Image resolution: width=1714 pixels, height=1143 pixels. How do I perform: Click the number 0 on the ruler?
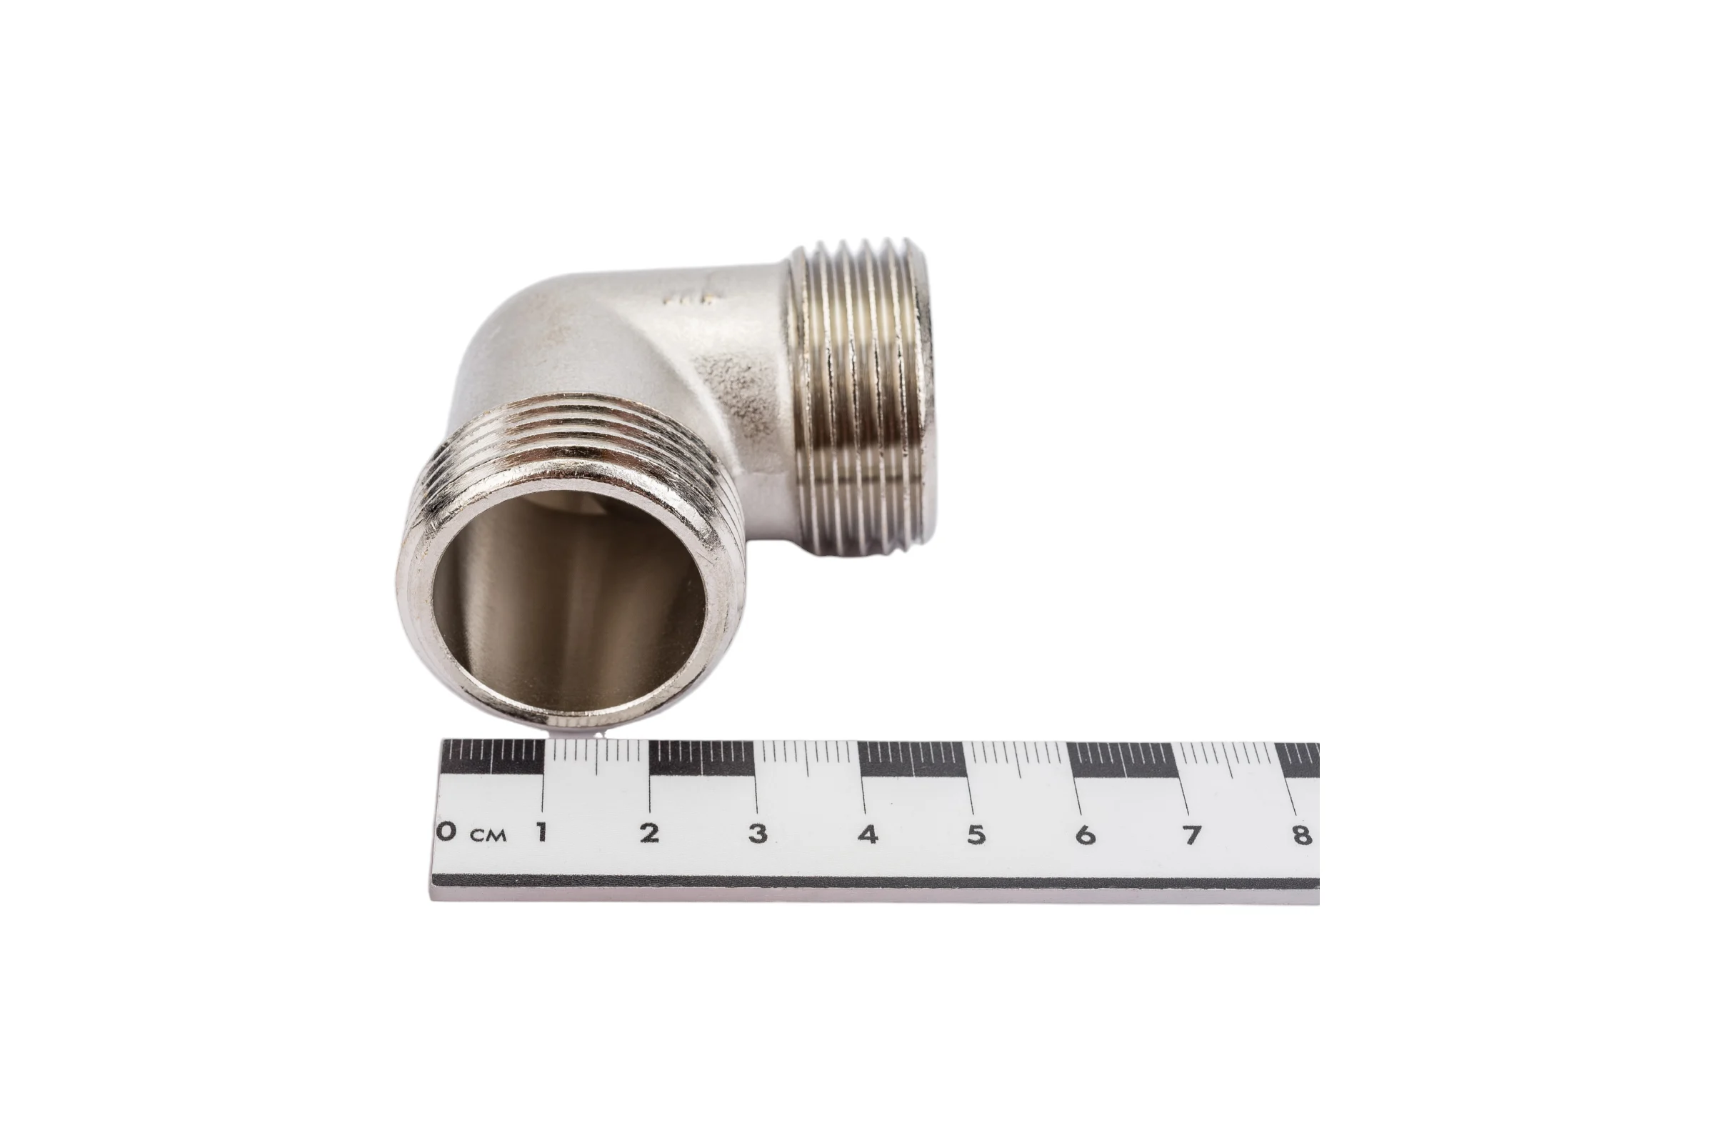447,830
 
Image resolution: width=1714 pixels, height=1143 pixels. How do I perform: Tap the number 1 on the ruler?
542,832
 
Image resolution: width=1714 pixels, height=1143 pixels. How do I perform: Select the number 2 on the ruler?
649,832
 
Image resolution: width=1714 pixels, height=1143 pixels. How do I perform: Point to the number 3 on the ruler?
758,833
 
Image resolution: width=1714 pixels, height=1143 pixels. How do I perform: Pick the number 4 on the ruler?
867,834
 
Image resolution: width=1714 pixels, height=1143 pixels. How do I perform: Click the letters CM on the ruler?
488,834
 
